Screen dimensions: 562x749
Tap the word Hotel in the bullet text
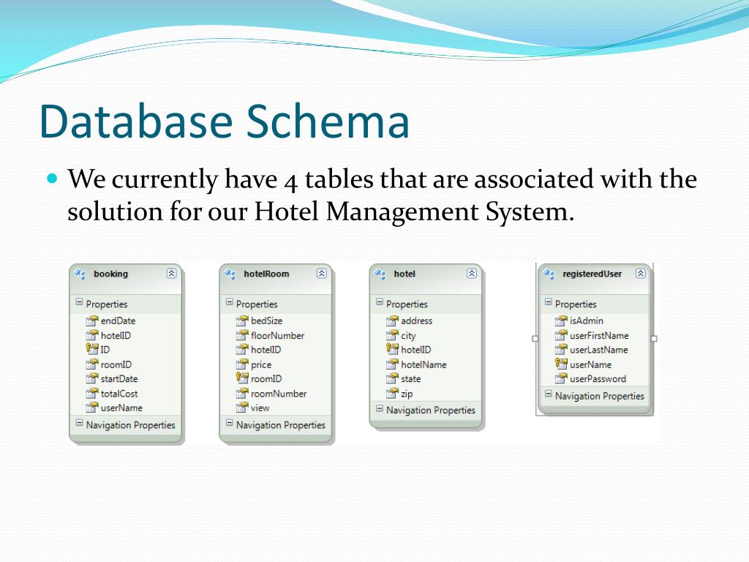tap(287, 212)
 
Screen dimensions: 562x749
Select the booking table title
tap(110, 274)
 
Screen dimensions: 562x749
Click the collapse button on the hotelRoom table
tap(321, 274)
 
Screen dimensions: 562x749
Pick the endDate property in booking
tap(118, 321)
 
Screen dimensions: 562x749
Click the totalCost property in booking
tap(119, 393)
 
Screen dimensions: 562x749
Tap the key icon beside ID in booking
tap(92, 350)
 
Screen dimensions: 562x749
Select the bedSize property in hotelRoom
tap(266, 321)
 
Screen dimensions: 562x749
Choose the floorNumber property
tap(277, 335)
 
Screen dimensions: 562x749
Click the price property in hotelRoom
tap(261, 364)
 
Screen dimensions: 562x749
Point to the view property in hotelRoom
tap(260, 408)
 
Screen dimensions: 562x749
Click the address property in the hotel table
tap(416, 321)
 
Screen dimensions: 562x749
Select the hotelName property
tap(424, 364)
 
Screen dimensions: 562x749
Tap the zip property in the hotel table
tap(407, 394)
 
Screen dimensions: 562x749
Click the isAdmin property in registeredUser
tap(586, 321)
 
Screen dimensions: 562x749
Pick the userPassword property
tap(598, 379)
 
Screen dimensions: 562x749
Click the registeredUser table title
tap(592, 274)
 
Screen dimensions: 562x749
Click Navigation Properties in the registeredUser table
tap(599, 396)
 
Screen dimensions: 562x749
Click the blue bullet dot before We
tap(51, 178)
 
